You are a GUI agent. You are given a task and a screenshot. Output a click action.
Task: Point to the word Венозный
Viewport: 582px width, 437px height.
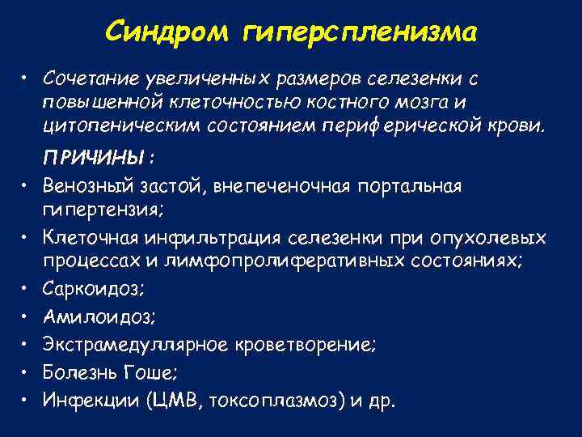(85, 188)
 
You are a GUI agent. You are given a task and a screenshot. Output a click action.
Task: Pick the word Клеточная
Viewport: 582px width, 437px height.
(89, 239)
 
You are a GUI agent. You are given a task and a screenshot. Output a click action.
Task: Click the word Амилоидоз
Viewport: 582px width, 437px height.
(88, 317)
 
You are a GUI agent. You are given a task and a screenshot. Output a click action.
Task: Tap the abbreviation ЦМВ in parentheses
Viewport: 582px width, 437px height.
(163, 401)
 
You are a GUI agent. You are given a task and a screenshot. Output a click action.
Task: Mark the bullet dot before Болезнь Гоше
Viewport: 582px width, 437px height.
(27, 374)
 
